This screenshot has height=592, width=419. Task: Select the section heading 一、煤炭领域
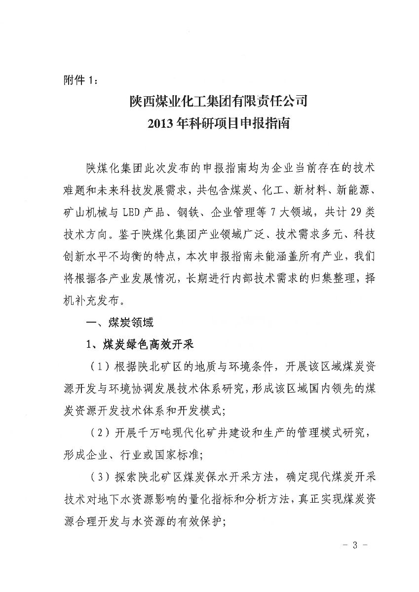pyautogui.click(x=119, y=323)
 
